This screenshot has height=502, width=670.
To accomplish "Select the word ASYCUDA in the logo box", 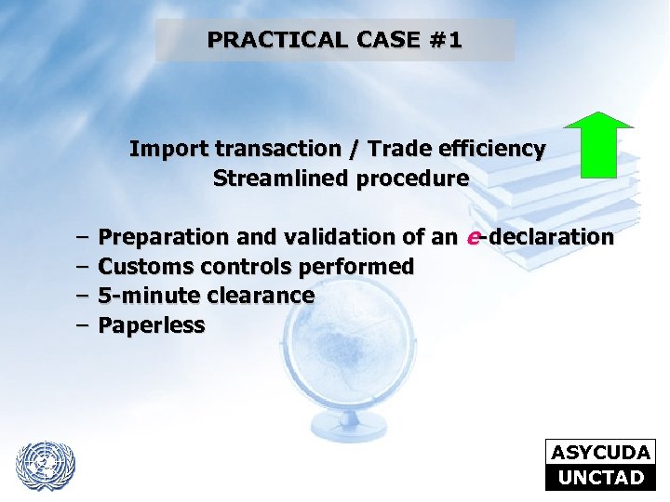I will pyautogui.click(x=600, y=453).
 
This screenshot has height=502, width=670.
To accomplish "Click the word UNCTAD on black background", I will pyautogui.click(x=600, y=478).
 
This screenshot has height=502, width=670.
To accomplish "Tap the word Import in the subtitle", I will pyautogui.click(x=158, y=149).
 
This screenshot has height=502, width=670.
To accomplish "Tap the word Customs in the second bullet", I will pyautogui.click(x=140, y=268).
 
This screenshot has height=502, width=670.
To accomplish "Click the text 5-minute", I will pyautogui.click(x=141, y=297).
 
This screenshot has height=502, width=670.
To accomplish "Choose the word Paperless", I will pyautogui.click(x=152, y=326).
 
